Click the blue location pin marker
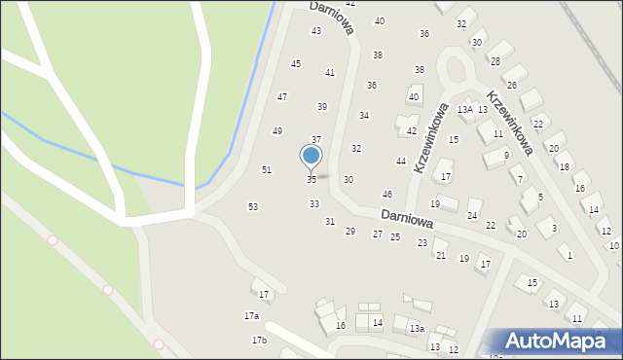(x=311, y=156)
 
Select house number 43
(x=316, y=31)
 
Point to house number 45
(x=296, y=63)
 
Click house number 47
(x=282, y=96)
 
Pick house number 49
(x=277, y=130)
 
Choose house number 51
(x=267, y=170)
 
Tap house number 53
(x=253, y=206)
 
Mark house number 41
(x=330, y=72)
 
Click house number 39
(x=322, y=106)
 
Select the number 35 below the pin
(x=311, y=179)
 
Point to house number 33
(x=314, y=203)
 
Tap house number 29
(x=350, y=231)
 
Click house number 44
(x=400, y=161)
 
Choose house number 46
(x=387, y=195)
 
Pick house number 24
(x=472, y=215)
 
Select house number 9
(x=506, y=155)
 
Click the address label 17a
(x=251, y=316)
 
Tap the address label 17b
(x=259, y=340)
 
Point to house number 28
(x=495, y=60)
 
